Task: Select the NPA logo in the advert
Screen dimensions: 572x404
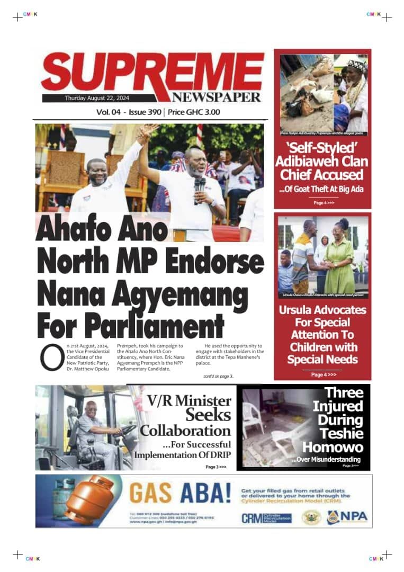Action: click(x=347, y=517)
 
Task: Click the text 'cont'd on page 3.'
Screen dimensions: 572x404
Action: click(x=218, y=376)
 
